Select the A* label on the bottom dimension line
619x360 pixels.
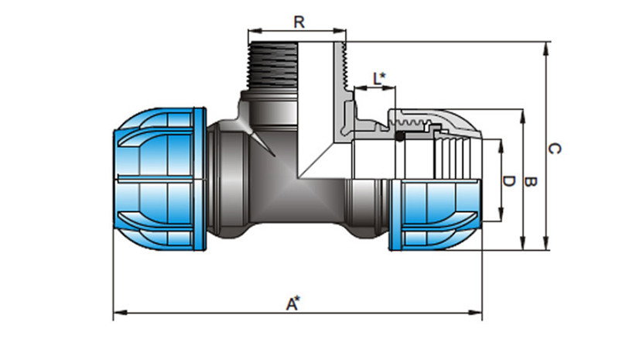tap(293, 303)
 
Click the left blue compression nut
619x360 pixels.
tap(159, 180)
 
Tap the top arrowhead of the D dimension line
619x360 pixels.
tap(502, 143)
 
